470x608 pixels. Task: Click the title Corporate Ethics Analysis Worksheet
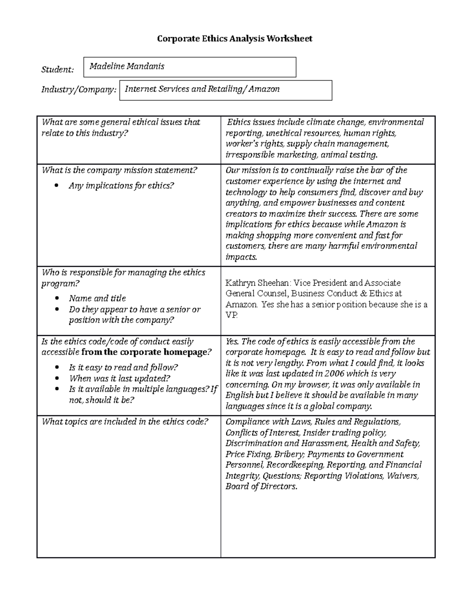(x=235, y=38)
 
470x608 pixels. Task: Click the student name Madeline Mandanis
(x=127, y=66)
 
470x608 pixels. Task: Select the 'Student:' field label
(x=58, y=70)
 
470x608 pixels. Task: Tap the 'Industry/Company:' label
(x=79, y=90)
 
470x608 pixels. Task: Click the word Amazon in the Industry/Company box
(x=264, y=89)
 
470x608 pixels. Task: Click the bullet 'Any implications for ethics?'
(x=121, y=186)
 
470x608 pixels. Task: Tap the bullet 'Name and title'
(x=97, y=298)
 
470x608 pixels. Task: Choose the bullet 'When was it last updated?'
(x=119, y=378)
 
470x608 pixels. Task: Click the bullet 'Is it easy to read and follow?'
(x=123, y=367)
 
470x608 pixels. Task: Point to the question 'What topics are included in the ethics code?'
(x=125, y=422)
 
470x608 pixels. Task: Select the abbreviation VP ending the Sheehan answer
(x=231, y=315)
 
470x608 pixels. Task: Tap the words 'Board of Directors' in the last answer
(x=260, y=486)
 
